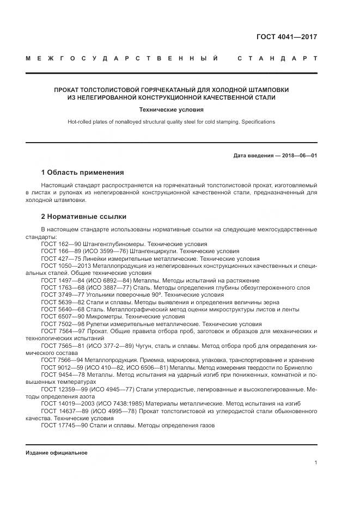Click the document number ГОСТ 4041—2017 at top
click(x=286, y=38)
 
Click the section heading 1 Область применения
click(x=82, y=173)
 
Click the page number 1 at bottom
click(x=315, y=462)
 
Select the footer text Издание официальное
click(x=57, y=453)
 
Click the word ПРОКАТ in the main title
click(x=69, y=89)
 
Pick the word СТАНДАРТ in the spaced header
click(x=277, y=58)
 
